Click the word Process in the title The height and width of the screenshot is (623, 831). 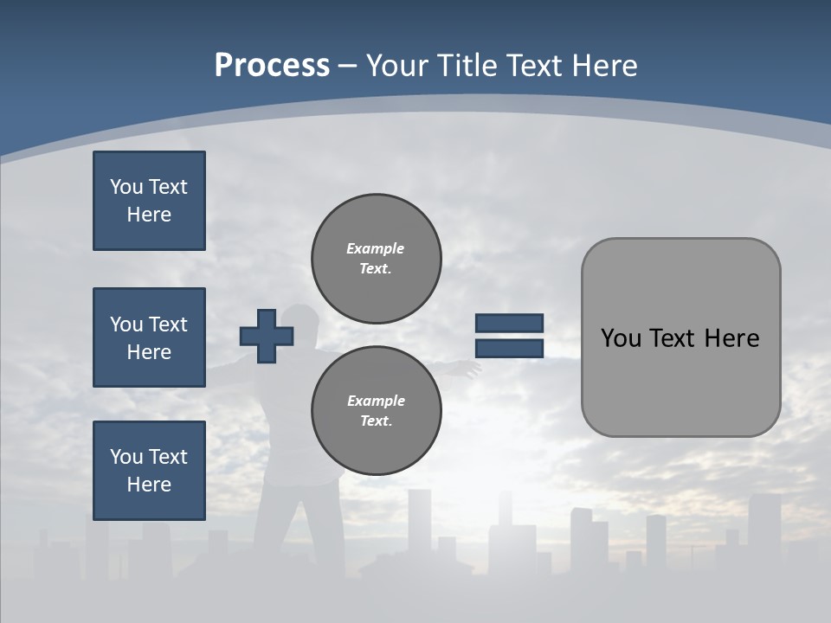tap(272, 65)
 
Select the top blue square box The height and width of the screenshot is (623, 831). tap(149, 201)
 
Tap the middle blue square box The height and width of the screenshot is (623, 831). tap(149, 337)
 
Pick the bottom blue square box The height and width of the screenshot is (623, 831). tap(149, 471)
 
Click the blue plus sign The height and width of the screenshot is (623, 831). tap(267, 336)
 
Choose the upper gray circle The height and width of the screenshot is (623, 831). tap(376, 258)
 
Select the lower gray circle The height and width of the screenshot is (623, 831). tap(376, 410)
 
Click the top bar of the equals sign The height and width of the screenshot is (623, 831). tap(509, 323)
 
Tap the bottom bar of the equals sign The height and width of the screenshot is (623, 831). tap(509, 348)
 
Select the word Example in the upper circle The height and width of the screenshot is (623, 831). tap(376, 248)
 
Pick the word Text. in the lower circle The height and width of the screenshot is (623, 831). tap(376, 421)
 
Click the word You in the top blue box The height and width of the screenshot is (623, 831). tap(126, 187)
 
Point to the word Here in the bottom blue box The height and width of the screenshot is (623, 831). tap(149, 485)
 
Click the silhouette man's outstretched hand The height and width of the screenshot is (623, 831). tap(472, 369)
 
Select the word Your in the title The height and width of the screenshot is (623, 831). tap(398, 65)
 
